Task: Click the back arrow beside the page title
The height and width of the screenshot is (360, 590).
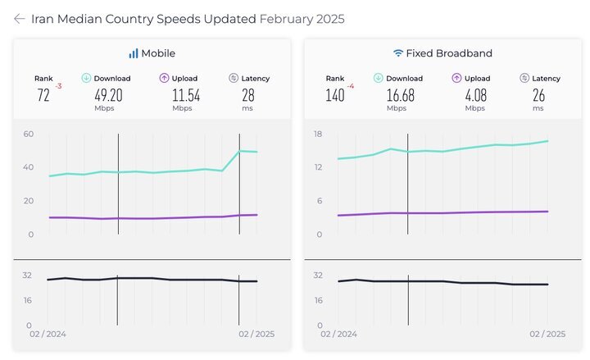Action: [x=19, y=19]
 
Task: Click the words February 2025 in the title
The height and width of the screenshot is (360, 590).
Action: [x=302, y=19]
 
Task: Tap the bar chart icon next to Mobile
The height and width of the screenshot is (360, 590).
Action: [x=133, y=53]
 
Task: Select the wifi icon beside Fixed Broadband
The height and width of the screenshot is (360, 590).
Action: [x=398, y=53]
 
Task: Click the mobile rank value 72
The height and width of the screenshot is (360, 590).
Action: [x=43, y=95]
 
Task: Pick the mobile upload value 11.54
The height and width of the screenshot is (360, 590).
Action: [x=186, y=95]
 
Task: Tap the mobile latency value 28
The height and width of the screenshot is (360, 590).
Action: [x=247, y=95]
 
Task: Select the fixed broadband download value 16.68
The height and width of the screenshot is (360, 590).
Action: [x=397, y=95]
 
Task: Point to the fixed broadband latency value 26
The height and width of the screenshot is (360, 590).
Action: [x=538, y=95]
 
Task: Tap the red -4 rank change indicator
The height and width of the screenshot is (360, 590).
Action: [x=351, y=85]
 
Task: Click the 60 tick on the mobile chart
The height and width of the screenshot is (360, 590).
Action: [x=28, y=134]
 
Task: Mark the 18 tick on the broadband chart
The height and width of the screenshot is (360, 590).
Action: [x=318, y=134]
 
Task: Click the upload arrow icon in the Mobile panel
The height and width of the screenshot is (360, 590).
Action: [x=164, y=79]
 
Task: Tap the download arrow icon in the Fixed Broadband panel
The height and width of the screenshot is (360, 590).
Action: [x=379, y=79]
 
